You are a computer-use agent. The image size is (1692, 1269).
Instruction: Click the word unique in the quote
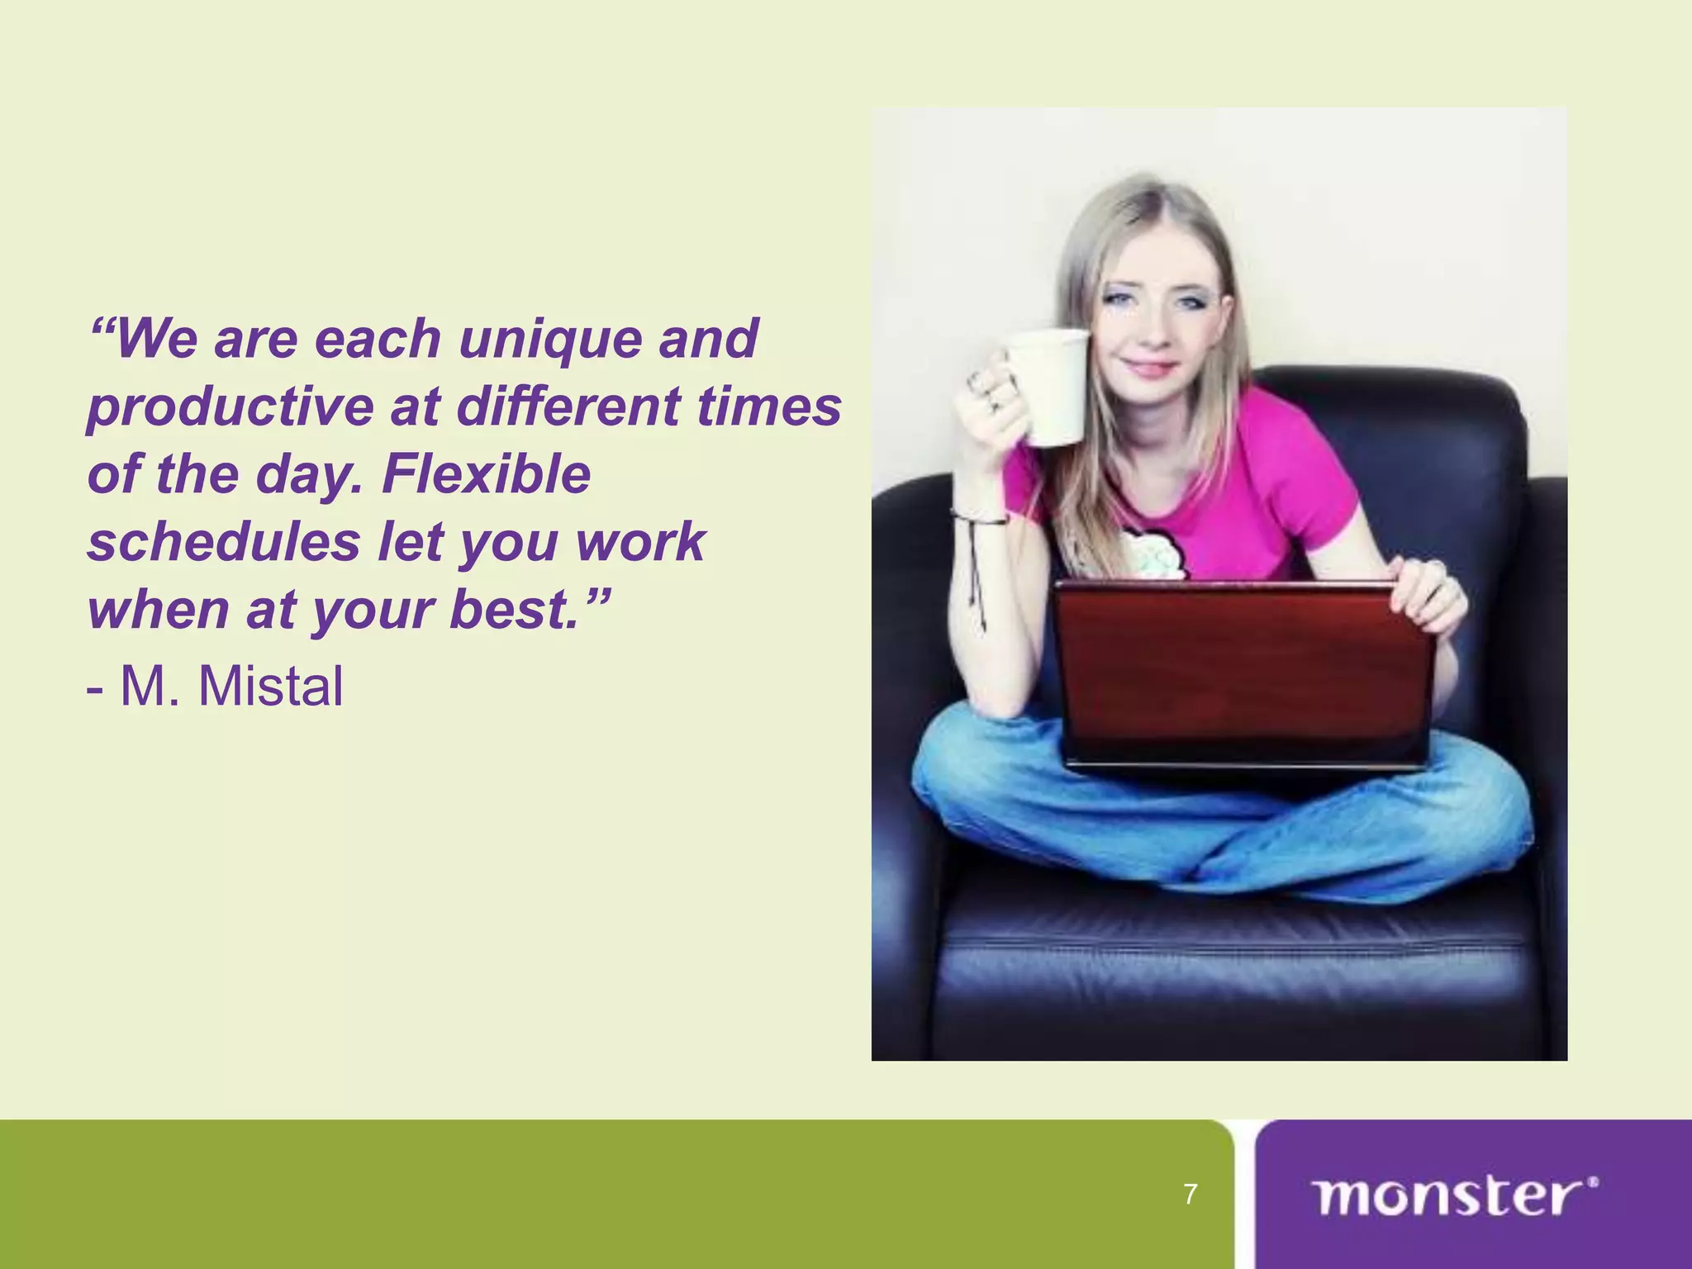click(549, 340)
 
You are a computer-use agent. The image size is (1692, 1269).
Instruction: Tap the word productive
click(231, 408)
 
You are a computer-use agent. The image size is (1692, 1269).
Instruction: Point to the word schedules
click(224, 543)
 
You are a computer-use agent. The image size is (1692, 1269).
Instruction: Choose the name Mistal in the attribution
click(270, 687)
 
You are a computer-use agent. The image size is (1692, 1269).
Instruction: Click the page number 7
click(1190, 1194)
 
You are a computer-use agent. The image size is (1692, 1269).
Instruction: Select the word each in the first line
click(378, 340)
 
